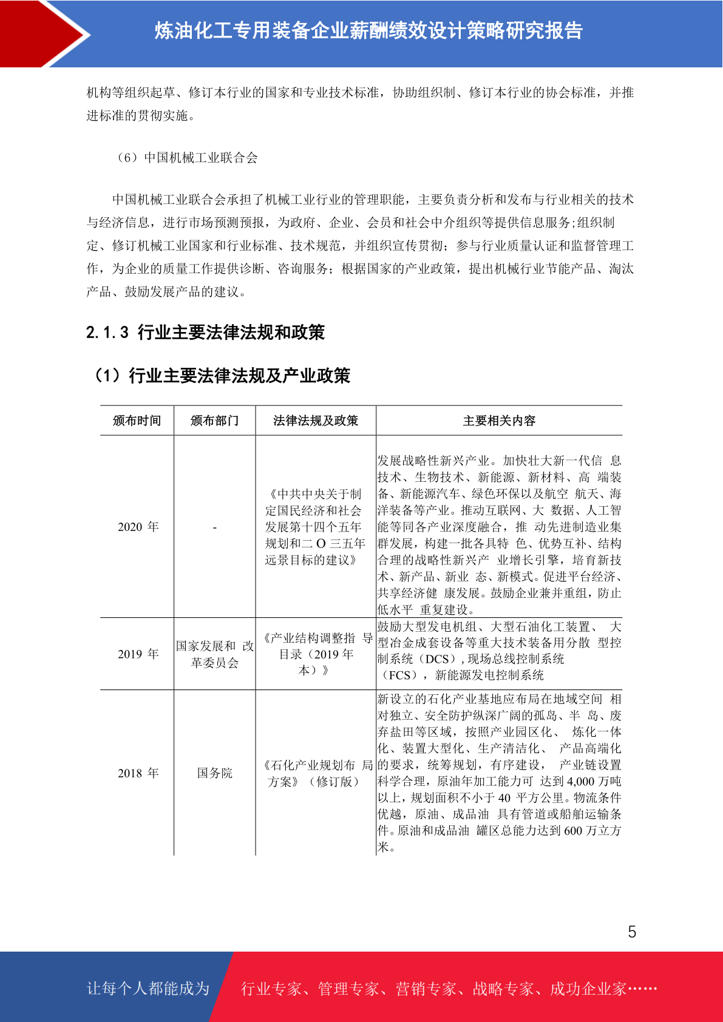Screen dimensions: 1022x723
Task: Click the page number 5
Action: [x=632, y=932]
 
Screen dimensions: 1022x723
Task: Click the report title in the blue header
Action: [x=368, y=30]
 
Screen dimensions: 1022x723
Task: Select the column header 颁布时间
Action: [x=137, y=421]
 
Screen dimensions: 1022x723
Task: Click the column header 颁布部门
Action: [x=214, y=421]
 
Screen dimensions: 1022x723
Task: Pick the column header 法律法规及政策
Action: [x=316, y=421]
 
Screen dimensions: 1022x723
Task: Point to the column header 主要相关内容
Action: [x=499, y=421]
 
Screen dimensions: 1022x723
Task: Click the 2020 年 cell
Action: [x=138, y=527]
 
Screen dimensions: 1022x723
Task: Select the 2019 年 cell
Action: [x=138, y=654]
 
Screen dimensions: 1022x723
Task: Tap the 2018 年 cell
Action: [x=138, y=773]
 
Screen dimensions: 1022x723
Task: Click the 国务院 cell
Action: [x=214, y=773]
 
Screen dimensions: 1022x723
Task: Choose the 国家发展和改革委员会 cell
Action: [x=214, y=654]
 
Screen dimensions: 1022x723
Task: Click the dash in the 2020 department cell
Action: [x=214, y=527]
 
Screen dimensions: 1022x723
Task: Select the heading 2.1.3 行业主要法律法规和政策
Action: [x=205, y=332]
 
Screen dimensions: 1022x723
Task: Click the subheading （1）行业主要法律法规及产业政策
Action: [x=220, y=376]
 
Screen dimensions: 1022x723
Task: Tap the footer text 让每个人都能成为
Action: [x=148, y=989]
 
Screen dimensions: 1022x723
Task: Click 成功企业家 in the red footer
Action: [x=588, y=989]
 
